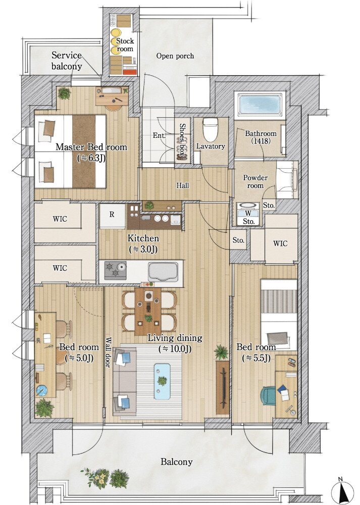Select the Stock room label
[x=125, y=45]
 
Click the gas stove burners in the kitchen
[x=115, y=270]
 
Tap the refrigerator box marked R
[x=112, y=216]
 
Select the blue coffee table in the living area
[x=162, y=381]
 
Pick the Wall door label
[x=108, y=352]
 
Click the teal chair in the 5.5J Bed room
[x=268, y=395]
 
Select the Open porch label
[x=175, y=56]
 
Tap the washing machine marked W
[x=248, y=214]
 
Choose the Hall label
[x=183, y=185]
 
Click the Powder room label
[x=255, y=182]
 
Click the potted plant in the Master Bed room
[x=64, y=94]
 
